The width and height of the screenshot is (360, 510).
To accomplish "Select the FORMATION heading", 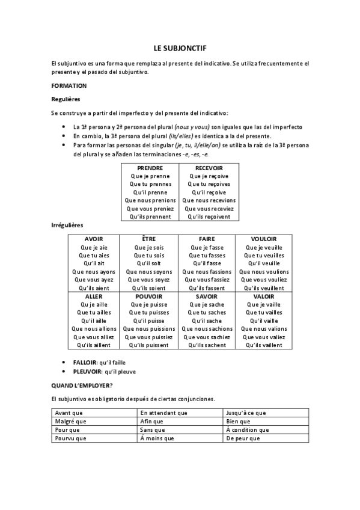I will pyautogui.click(x=69, y=85).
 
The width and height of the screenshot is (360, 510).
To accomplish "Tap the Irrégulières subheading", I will pyautogui.click(x=67, y=225).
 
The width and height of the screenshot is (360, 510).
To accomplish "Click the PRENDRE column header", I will pyautogui.click(x=150, y=168).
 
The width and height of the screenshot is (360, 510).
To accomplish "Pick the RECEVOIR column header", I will pyautogui.click(x=209, y=168).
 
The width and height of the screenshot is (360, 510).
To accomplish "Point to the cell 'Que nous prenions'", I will pyautogui.click(x=150, y=200).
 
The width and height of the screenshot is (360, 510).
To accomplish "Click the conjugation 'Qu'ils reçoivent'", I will pyautogui.click(x=209, y=217).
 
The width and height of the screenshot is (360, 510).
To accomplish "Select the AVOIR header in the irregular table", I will pyautogui.click(x=94, y=239).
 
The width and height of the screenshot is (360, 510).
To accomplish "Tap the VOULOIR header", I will pyautogui.click(x=263, y=239).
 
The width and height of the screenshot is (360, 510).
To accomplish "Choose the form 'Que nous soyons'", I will pyautogui.click(x=149, y=272).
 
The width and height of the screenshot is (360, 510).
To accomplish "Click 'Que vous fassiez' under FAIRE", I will pyautogui.click(x=206, y=280).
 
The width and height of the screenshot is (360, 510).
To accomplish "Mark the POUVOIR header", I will pyautogui.click(x=149, y=296).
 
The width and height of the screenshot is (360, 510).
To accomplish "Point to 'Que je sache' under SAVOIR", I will pyautogui.click(x=206, y=305).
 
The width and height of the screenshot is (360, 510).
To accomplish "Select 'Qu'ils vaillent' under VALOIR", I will pyautogui.click(x=263, y=345).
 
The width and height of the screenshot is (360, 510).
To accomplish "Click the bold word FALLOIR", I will pyautogui.click(x=85, y=363).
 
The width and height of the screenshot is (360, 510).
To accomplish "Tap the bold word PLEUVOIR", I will pyautogui.click(x=87, y=372).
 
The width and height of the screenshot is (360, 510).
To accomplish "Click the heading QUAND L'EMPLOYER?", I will pyautogui.click(x=84, y=386).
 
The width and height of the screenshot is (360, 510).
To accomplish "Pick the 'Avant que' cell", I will pyautogui.click(x=69, y=413).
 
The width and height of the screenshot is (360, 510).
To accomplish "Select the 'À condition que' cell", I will pyautogui.click(x=248, y=430).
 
